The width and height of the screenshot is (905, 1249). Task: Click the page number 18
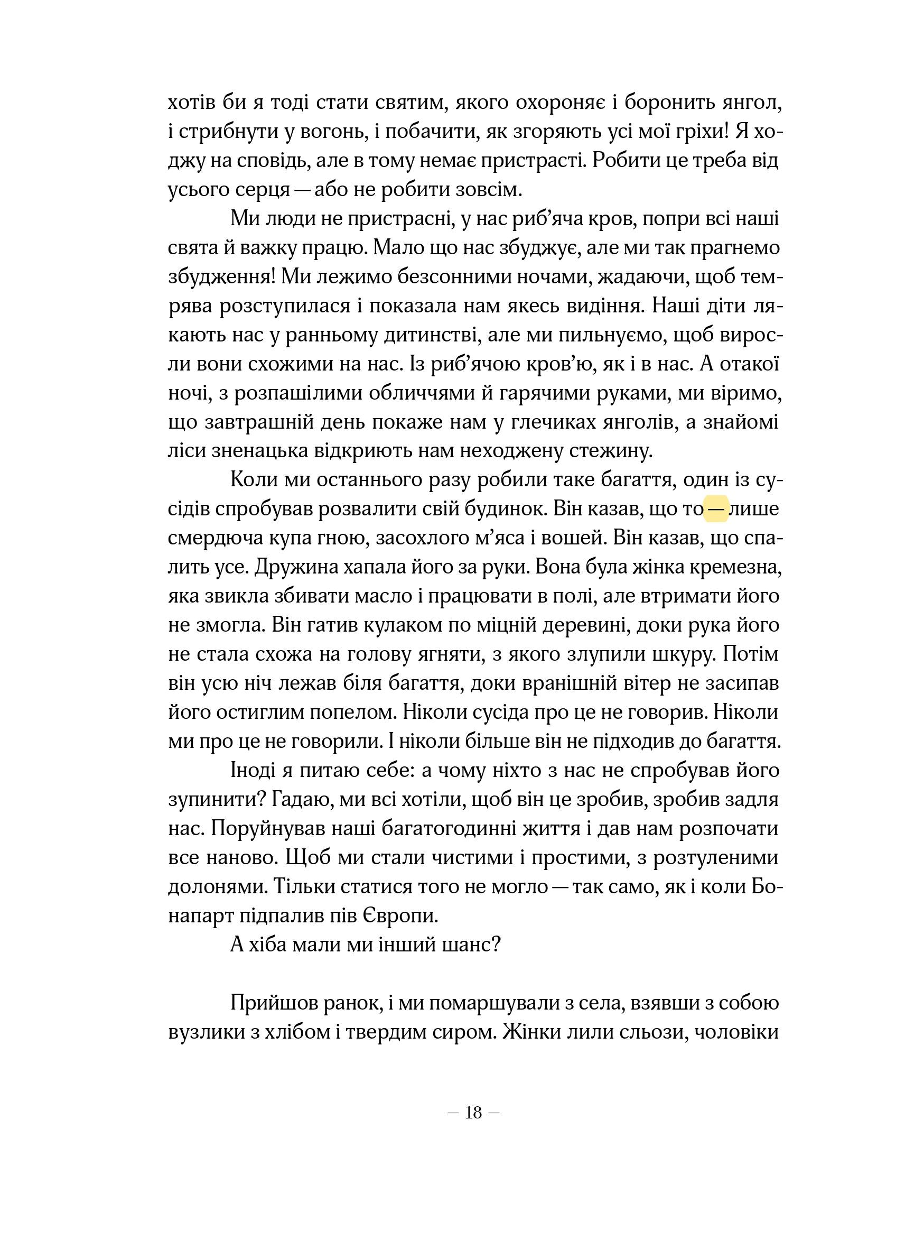point(473,1113)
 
